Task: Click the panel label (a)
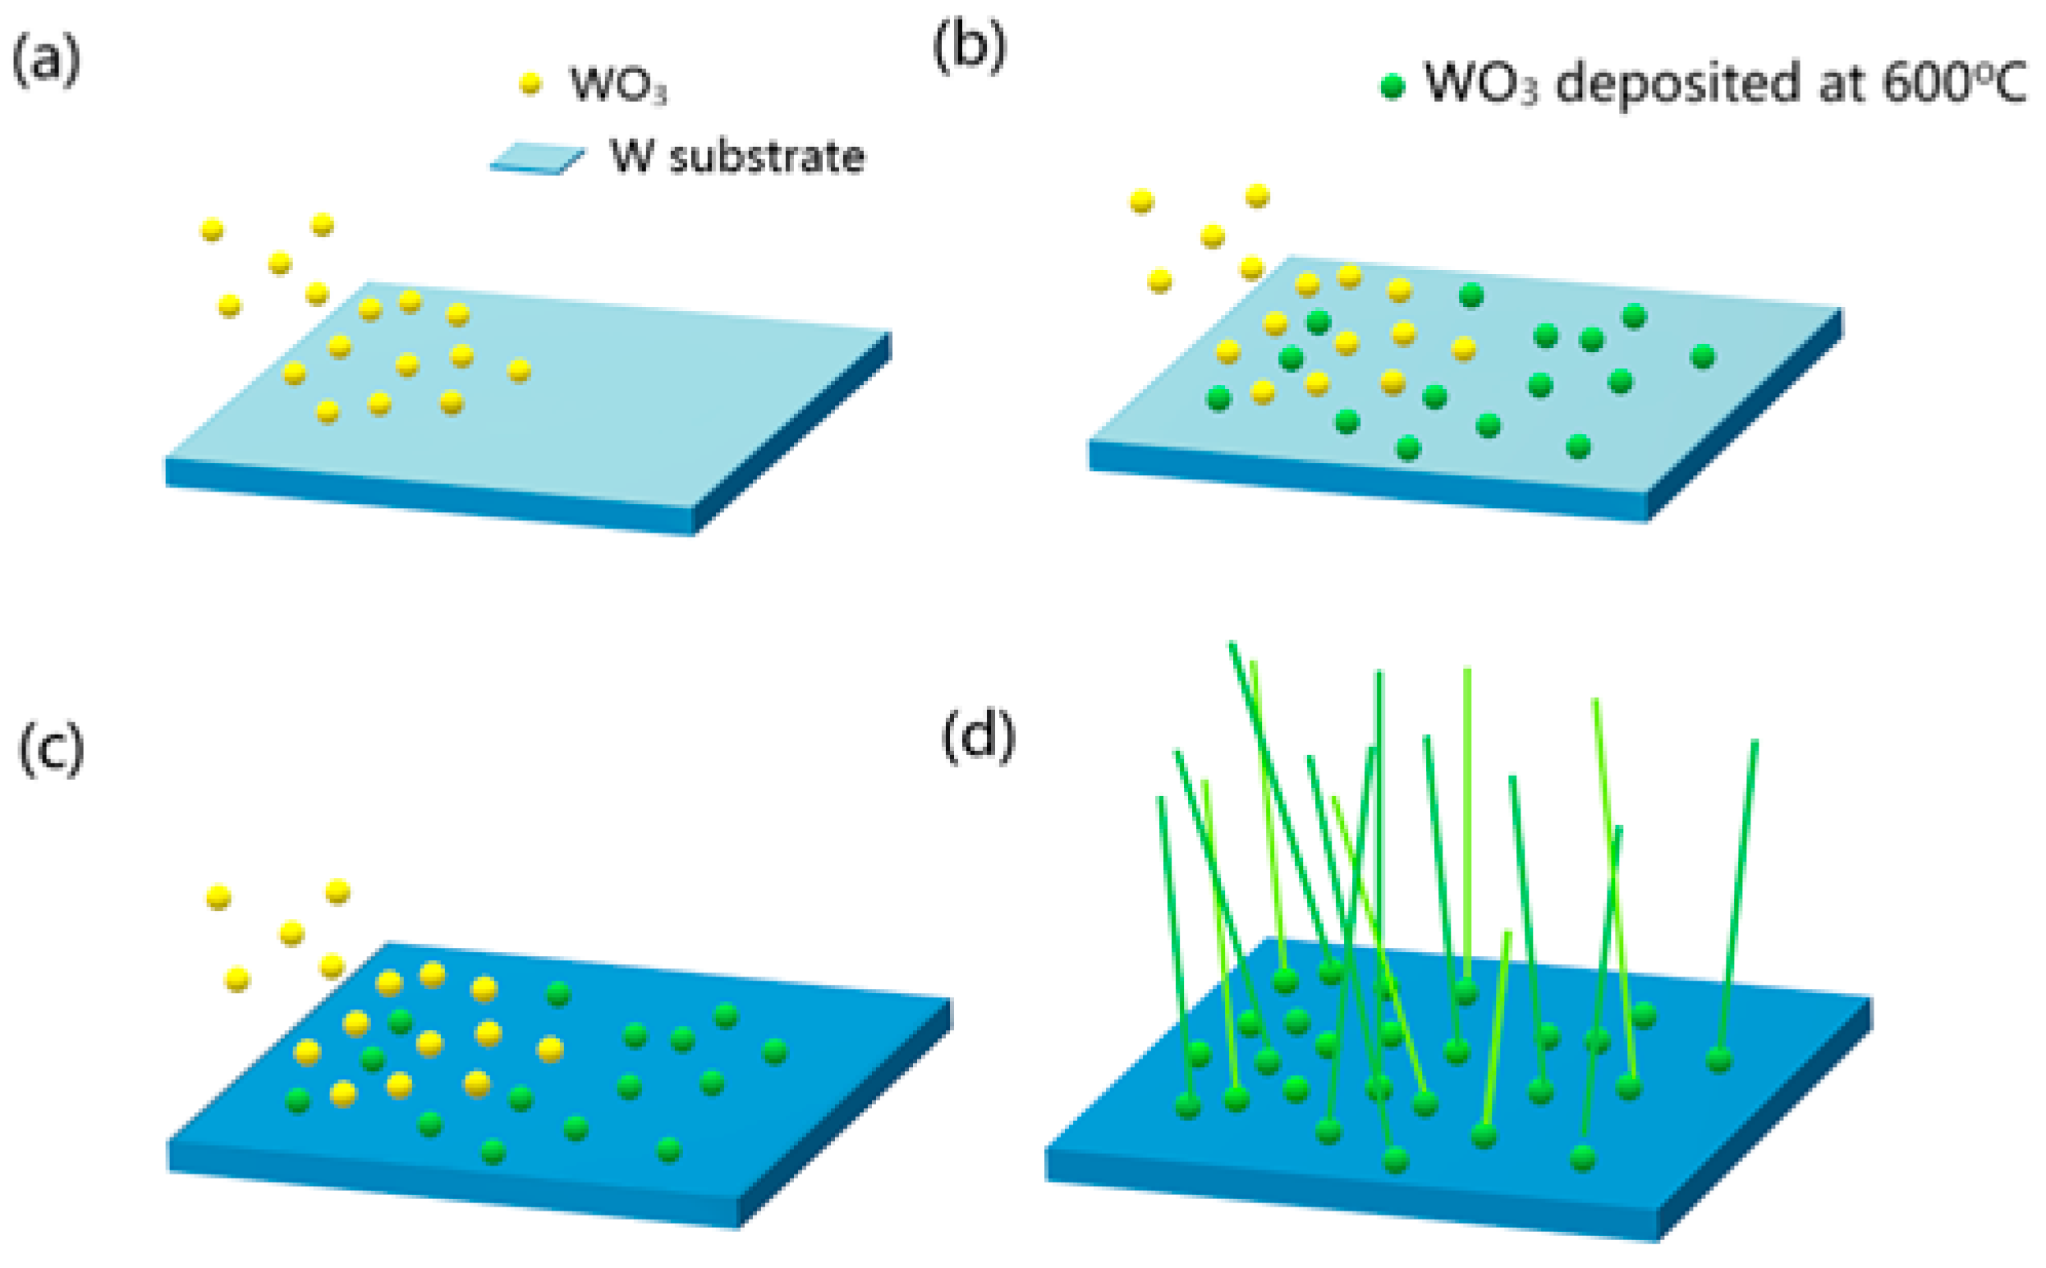click(46, 61)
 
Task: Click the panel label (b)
click(969, 48)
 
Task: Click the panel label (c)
click(50, 748)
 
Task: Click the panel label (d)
click(978, 738)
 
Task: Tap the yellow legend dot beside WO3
click(530, 84)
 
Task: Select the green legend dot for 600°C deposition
click(1392, 86)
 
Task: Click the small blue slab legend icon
click(537, 158)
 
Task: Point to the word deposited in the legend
click(1677, 84)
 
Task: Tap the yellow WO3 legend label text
click(618, 85)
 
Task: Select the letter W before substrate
click(631, 156)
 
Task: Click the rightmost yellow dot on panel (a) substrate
click(519, 370)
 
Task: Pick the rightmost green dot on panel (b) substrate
click(1702, 356)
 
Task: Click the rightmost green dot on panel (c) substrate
click(774, 1051)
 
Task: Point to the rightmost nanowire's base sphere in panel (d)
click(1719, 1060)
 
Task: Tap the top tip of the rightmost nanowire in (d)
click(1755, 743)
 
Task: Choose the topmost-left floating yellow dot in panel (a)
click(212, 230)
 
